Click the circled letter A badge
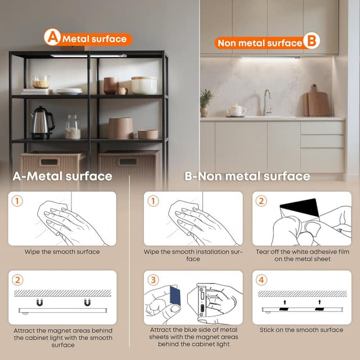(x=52, y=37)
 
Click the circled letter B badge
(x=311, y=40)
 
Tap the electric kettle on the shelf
(x=43, y=123)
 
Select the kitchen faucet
(x=267, y=102)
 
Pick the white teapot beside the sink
(x=236, y=110)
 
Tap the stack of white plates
(x=69, y=91)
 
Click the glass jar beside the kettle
(x=73, y=127)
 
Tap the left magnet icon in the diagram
(x=40, y=302)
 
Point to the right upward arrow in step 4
(x=319, y=301)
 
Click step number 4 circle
(x=261, y=280)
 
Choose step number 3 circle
(x=153, y=280)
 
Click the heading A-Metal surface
(x=62, y=176)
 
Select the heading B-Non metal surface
(x=247, y=176)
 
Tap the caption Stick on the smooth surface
(x=301, y=330)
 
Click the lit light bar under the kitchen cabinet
(x=270, y=58)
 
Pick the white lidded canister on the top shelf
(x=144, y=85)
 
